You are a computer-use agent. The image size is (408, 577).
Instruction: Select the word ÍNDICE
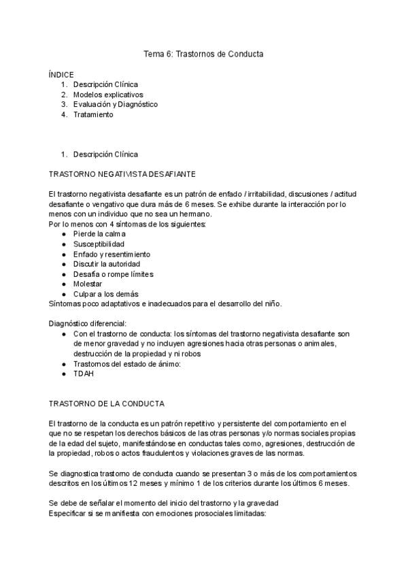click(61, 74)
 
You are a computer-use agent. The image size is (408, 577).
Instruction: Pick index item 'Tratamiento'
click(93, 114)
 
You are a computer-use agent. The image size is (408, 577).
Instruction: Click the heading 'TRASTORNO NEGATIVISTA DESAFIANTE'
click(123, 174)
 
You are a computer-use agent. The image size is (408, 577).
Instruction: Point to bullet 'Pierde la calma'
click(99, 234)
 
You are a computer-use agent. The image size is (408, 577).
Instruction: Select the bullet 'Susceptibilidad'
click(99, 244)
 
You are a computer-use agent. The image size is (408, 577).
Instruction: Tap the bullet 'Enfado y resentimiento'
click(112, 254)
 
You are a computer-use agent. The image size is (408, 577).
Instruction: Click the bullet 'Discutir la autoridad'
click(107, 264)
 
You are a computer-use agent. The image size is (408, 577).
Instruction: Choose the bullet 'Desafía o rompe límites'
click(113, 274)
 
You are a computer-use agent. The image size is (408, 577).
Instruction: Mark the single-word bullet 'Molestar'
click(88, 284)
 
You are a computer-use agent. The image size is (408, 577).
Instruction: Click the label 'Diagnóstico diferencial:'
click(88, 324)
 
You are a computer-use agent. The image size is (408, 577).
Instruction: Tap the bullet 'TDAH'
click(84, 374)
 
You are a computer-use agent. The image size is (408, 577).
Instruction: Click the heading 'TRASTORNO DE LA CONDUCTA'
click(107, 403)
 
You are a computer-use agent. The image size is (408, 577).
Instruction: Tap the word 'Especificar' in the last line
click(69, 513)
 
